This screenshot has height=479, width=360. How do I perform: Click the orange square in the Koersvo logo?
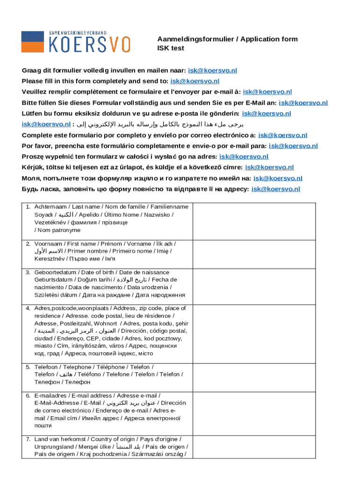[33, 42]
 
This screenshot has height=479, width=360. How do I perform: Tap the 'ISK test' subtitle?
[171, 48]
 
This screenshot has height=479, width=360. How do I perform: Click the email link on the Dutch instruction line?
[212, 71]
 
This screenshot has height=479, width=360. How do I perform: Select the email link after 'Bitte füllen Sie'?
[303, 103]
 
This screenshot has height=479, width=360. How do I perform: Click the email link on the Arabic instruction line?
[46, 124]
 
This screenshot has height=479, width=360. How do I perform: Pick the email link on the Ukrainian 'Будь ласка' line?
[276, 189]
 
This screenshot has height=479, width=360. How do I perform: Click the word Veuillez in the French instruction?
[36, 92]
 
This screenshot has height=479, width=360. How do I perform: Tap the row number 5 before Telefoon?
[28, 367]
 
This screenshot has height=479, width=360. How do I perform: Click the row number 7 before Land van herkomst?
[28, 439]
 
